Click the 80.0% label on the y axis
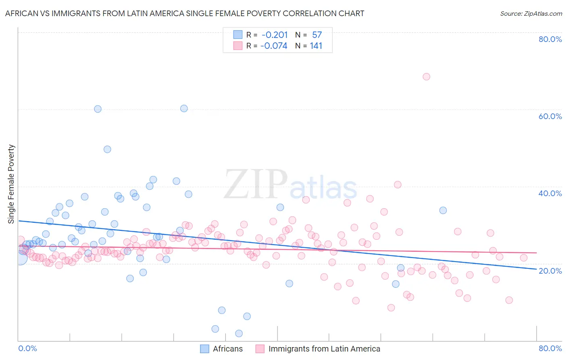pyautogui.click(x=550, y=39)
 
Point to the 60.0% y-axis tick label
pyautogui.click(x=550, y=116)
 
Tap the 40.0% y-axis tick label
pyautogui.click(x=550, y=193)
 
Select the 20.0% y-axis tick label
pyautogui.click(x=550, y=271)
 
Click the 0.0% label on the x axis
pyautogui.click(x=27, y=348)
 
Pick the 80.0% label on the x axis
pyautogui.click(x=550, y=348)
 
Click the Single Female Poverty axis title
pyautogui.click(x=11, y=184)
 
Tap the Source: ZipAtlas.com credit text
pyautogui.click(x=531, y=13)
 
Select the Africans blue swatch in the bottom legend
pyautogui.click(x=205, y=349)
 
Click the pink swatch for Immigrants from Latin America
pyautogui.click(x=260, y=349)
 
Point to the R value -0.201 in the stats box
pyautogui.click(x=275, y=35)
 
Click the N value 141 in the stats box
pyautogui.click(x=316, y=46)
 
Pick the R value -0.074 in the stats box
pyautogui.click(x=274, y=46)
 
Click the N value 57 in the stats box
pyautogui.click(x=317, y=35)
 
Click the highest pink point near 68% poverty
pyautogui.click(x=426, y=77)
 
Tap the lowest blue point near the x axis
pyautogui.click(x=239, y=333)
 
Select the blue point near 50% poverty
pyautogui.click(x=107, y=149)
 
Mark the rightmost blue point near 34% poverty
pyautogui.click(x=443, y=210)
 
